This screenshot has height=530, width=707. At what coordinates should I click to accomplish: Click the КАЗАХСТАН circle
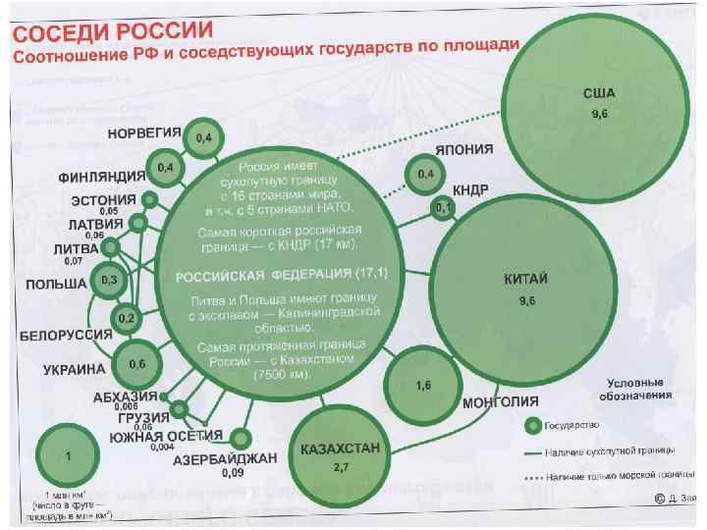point(337,461)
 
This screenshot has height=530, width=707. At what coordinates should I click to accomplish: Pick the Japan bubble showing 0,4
point(426,175)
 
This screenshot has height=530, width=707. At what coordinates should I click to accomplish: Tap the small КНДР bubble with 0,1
point(443,208)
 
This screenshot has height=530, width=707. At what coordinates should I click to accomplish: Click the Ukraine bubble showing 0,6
point(136,364)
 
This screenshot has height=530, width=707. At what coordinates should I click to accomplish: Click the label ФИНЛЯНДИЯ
point(101,178)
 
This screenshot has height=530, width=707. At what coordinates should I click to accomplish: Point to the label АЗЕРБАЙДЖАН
point(225,459)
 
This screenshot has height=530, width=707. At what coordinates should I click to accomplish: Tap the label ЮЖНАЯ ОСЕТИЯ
point(164,436)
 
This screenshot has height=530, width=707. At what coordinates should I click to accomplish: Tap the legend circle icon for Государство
point(531,426)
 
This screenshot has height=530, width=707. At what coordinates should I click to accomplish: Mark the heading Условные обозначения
point(637,388)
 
